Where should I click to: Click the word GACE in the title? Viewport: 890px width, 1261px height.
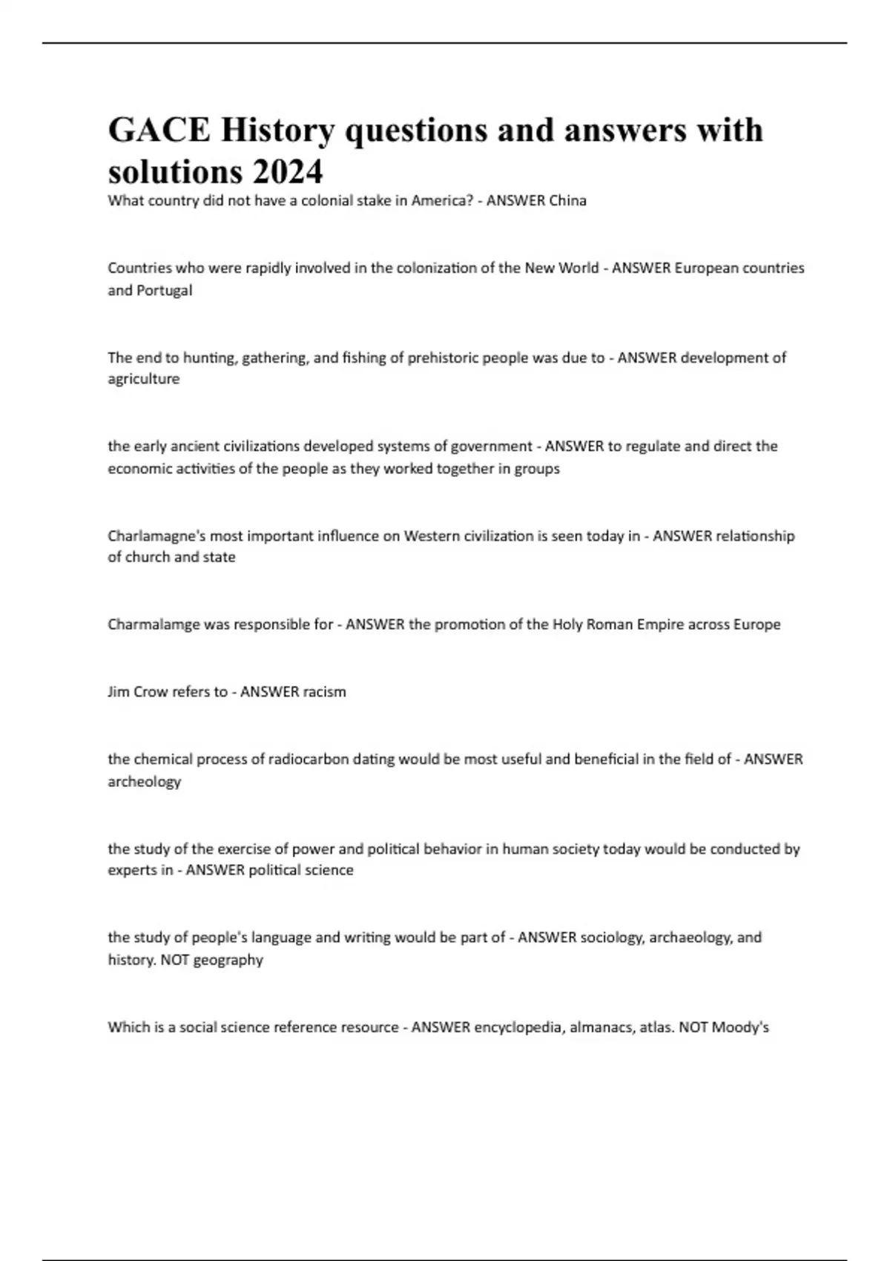pos(159,131)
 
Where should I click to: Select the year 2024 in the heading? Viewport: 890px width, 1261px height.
pos(287,172)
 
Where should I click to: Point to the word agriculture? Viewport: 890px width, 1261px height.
pos(144,379)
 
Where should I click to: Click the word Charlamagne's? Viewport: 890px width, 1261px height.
pos(154,536)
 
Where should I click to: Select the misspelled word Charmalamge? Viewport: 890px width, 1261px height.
pos(154,625)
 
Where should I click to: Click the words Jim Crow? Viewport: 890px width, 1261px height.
pos(138,692)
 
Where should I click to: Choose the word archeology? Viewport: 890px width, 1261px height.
pos(145,782)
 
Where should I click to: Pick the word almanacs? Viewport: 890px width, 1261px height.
pos(600,1027)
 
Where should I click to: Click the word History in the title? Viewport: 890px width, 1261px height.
pos(277,131)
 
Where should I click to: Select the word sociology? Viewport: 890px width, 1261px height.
pos(611,938)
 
